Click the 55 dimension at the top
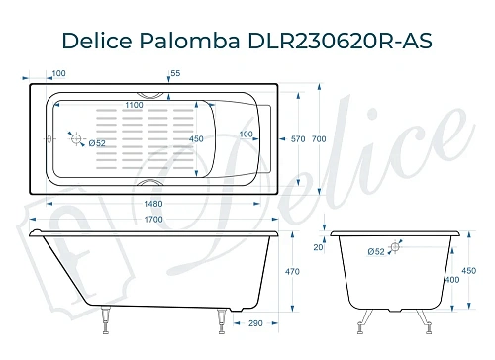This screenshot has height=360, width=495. [x=175, y=74]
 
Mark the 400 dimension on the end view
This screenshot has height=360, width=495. [x=452, y=281]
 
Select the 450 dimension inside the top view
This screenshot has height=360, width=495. [x=197, y=138]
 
